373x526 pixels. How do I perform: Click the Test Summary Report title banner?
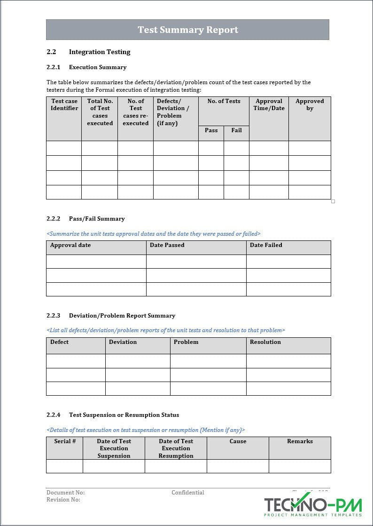click(187, 30)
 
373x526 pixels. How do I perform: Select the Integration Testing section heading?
click(100, 52)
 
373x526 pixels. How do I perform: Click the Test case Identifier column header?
click(64, 105)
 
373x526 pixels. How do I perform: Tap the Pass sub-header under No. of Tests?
click(211, 130)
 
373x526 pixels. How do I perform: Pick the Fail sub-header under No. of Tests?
click(236, 130)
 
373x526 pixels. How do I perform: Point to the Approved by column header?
click(310, 105)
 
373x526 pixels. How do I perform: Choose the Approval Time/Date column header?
click(269, 105)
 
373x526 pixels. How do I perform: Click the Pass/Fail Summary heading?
click(97, 219)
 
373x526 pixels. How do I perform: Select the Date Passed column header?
click(167, 245)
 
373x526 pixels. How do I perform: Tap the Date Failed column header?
click(266, 245)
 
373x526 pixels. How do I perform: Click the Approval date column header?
click(70, 245)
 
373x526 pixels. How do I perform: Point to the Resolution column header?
click(265, 342)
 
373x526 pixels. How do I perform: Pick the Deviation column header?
click(123, 342)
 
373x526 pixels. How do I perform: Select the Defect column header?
click(60, 342)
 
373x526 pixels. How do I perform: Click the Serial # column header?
click(65, 441)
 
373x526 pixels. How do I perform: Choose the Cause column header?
click(238, 441)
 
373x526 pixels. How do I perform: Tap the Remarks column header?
click(300, 441)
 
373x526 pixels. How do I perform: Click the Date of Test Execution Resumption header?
click(176, 448)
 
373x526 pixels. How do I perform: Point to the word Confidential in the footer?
click(187, 493)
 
